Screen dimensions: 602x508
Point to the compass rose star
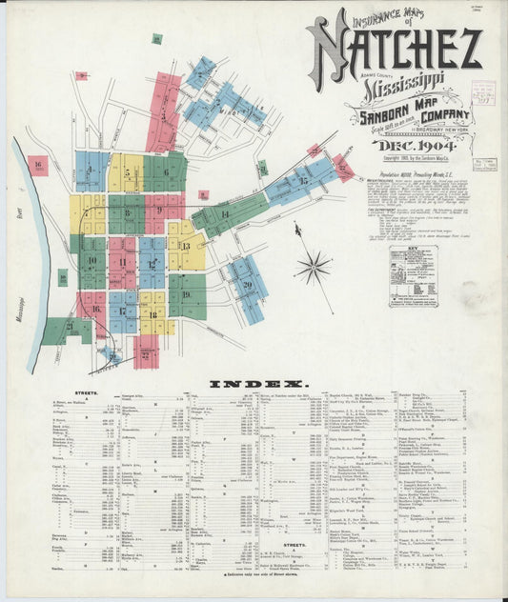click(313, 268)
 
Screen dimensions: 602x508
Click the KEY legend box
click(413, 277)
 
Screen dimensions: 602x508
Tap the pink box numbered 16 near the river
click(37, 166)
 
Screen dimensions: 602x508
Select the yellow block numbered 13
click(186, 245)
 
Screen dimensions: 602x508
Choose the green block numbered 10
click(92, 260)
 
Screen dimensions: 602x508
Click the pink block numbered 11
click(122, 260)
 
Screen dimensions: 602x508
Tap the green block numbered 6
click(166, 172)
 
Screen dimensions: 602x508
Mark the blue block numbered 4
click(91, 171)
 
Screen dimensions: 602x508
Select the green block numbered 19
click(186, 294)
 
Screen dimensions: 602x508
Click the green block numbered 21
click(68, 327)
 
